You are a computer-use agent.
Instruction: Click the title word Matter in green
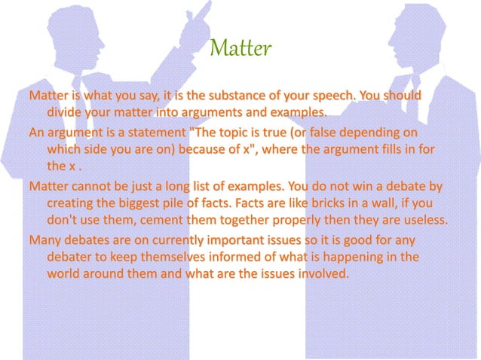[x=240, y=50]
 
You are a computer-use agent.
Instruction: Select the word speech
[x=355, y=97]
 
